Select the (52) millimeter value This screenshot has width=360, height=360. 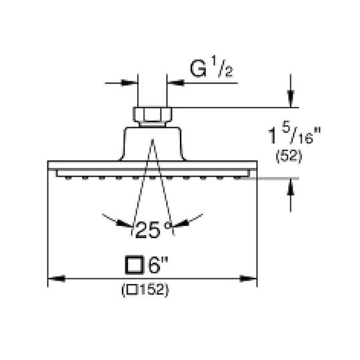[289, 157]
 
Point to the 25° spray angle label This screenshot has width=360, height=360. [153, 229]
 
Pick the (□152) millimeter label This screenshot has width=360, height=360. [145, 290]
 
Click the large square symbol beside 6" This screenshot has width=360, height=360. [134, 265]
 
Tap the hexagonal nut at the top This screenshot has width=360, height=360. [152, 115]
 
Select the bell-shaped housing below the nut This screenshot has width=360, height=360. [153, 144]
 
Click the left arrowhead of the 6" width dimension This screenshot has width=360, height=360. [57, 279]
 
